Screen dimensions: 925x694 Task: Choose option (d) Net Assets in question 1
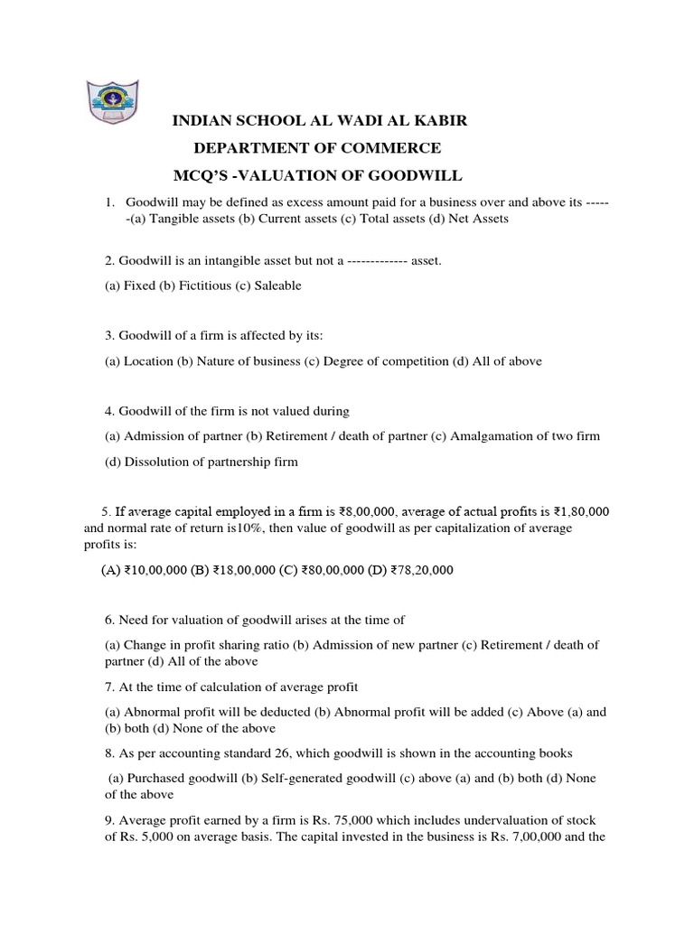(x=474, y=219)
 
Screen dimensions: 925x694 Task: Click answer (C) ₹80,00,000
(x=321, y=570)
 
